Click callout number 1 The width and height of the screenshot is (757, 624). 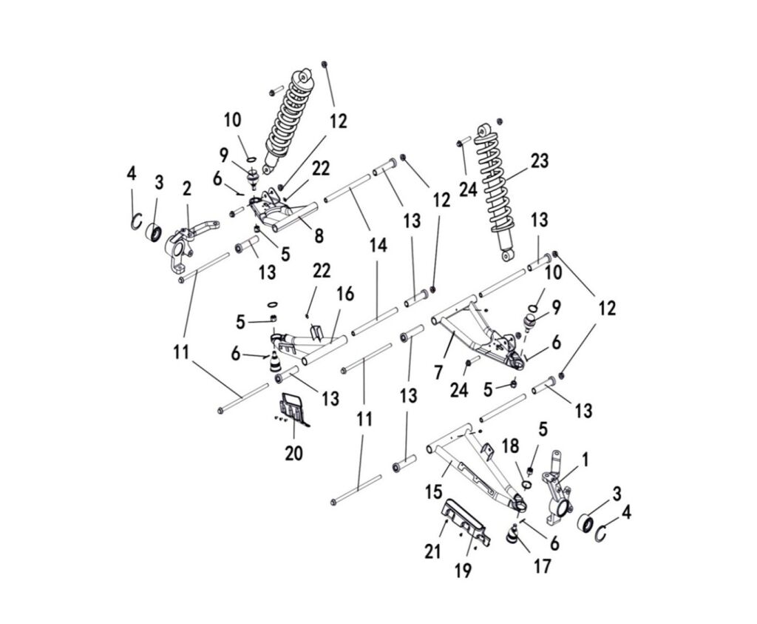click(584, 460)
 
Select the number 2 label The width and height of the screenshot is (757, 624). click(187, 190)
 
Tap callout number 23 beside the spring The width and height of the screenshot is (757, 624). click(540, 161)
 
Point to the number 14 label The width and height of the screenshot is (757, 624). click(378, 246)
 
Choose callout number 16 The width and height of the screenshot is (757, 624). click(345, 295)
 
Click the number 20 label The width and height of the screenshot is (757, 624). click(293, 452)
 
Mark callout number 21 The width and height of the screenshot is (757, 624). click(432, 550)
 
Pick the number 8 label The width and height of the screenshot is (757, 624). click(318, 236)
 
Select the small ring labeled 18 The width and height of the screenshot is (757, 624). click(526, 485)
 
